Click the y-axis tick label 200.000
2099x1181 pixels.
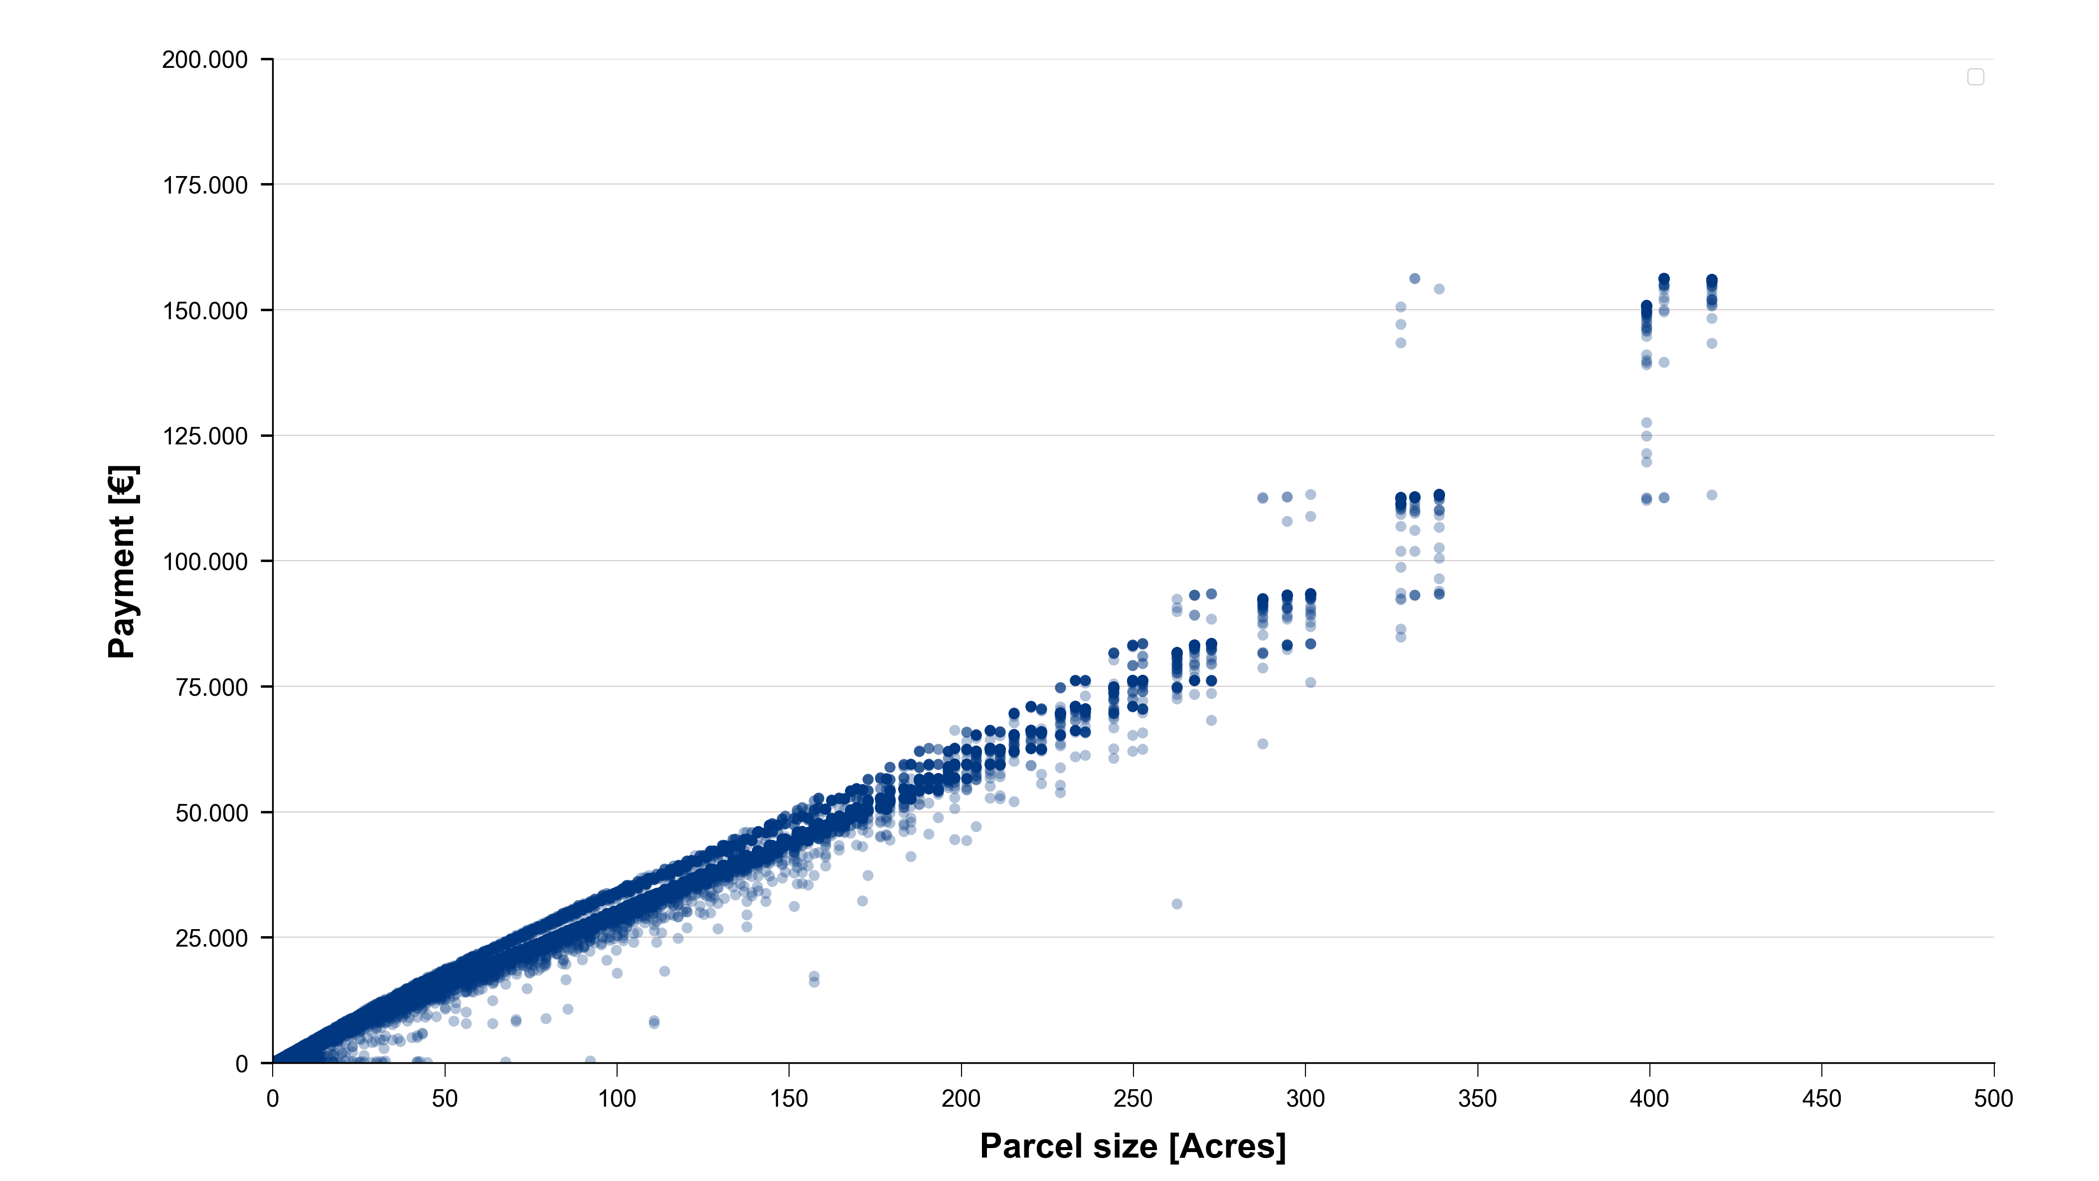204,59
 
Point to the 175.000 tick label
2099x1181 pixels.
204,185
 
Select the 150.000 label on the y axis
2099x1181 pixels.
204,311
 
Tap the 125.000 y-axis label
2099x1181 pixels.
204,436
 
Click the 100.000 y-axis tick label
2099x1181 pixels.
204,562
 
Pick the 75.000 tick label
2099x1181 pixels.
211,687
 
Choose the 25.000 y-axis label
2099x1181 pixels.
211,938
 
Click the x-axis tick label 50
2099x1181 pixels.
445,1099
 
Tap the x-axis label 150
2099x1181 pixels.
789,1099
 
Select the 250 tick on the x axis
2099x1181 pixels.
1133,1099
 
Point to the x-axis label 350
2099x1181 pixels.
1477,1099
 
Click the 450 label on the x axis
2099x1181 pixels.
1822,1099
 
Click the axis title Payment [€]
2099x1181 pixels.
122,562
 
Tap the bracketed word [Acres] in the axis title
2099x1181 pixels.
1227,1147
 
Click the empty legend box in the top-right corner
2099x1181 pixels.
1976,77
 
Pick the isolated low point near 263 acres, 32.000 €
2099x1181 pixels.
1177,904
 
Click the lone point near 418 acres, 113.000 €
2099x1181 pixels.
1712,495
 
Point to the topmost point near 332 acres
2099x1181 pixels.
1415,279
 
